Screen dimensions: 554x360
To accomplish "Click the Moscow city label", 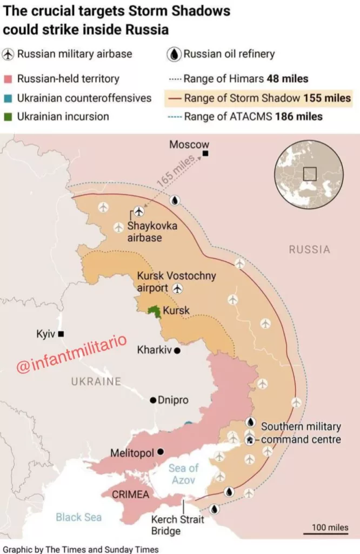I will (189, 144).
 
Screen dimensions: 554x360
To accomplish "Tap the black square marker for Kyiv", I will (61, 334).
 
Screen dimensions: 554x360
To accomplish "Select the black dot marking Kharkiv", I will (177, 351).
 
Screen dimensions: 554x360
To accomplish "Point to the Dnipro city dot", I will (154, 400).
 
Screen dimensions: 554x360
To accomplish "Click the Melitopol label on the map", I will (132, 453).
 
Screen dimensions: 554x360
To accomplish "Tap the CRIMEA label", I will (130, 494).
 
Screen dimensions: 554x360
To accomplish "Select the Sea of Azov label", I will (183, 474).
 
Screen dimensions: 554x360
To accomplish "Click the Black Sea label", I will (78, 517).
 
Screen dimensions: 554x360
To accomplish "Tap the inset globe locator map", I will (309, 174).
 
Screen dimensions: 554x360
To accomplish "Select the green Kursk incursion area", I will (154, 312).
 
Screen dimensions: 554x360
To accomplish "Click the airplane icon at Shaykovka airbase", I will (139, 210).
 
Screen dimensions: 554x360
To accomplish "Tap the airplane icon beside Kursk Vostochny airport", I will (177, 289).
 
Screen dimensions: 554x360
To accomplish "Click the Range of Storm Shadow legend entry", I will (258, 98).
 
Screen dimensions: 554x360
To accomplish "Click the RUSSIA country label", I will (309, 249).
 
